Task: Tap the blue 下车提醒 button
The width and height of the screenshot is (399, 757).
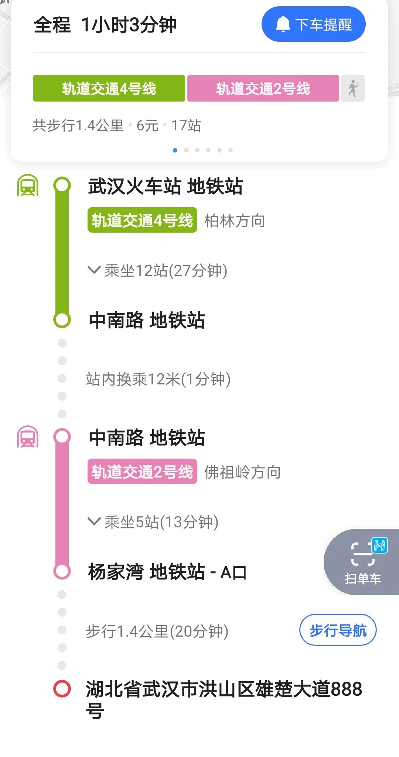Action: [313, 24]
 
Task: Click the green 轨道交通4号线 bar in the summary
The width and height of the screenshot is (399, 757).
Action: [109, 89]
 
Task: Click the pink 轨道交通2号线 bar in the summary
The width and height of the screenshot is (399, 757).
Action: [263, 89]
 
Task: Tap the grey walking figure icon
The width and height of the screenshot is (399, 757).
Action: [353, 89]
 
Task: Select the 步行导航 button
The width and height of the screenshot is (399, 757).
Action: [338, 630]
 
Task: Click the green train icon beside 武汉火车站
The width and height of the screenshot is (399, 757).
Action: [28, 185]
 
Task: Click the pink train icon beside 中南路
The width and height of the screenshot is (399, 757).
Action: [28, 437]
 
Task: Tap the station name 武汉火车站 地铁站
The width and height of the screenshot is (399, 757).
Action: [165, 186]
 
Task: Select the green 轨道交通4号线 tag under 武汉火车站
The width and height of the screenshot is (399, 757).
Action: [142, 220]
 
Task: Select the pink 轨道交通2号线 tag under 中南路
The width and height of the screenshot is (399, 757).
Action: [142, 472]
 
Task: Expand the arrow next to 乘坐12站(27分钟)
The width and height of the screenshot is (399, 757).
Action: [94, 270]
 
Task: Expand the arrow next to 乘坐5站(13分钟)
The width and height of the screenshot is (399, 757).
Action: [94, 521]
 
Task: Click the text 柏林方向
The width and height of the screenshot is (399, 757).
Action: [235, 221]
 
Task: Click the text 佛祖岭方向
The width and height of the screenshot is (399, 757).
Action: [242, 472]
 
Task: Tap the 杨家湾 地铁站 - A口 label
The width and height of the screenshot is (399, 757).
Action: [167, 572]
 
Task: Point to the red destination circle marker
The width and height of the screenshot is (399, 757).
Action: [62, 689]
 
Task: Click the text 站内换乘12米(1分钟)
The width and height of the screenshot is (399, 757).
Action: [158, 379]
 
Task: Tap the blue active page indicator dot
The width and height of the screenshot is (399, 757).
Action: [175, 150]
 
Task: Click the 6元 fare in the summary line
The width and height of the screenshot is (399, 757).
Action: [147, 126]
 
